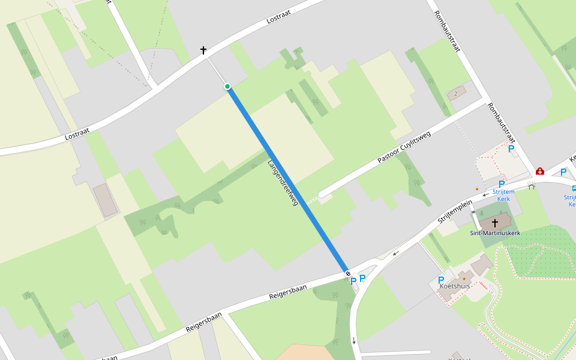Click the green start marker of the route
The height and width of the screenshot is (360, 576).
[227, 87]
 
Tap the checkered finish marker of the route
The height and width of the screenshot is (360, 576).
[348, 274]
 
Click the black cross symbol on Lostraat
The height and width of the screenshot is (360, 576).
[203, 50]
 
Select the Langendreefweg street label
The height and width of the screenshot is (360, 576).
[283, 184]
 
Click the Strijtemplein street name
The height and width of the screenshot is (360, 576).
[456, 212]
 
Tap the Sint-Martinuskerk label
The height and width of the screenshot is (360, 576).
[495, 233]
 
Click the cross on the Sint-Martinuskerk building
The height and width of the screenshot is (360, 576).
[495, 223]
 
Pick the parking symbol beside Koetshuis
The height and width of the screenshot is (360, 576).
[441, 280]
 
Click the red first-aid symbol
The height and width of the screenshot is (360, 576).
[540, 172]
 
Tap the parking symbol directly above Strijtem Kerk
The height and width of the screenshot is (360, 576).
[502, 184]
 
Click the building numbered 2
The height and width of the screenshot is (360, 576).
[456, 94]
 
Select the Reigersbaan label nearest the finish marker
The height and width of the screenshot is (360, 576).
[288, 292]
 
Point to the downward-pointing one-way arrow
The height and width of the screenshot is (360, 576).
[354, 341]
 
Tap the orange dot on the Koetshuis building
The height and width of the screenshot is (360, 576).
[463, 278]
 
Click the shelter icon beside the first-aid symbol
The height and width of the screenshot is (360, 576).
[532, 186]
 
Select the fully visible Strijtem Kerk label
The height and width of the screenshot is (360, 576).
[504, 195]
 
